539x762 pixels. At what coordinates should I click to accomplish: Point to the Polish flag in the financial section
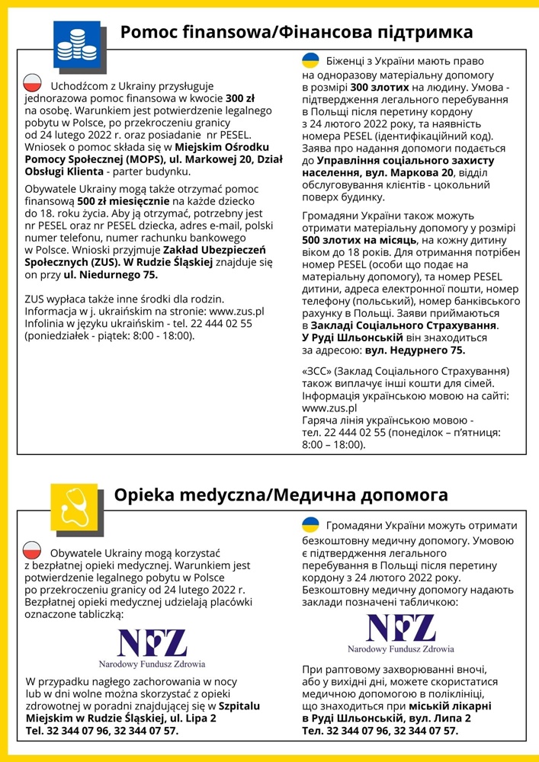33,84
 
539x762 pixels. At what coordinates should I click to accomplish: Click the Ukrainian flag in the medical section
310,525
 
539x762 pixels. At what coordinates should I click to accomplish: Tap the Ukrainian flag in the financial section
310,61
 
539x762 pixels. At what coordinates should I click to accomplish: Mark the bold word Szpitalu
239,706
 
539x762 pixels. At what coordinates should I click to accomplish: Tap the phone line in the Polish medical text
102,731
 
